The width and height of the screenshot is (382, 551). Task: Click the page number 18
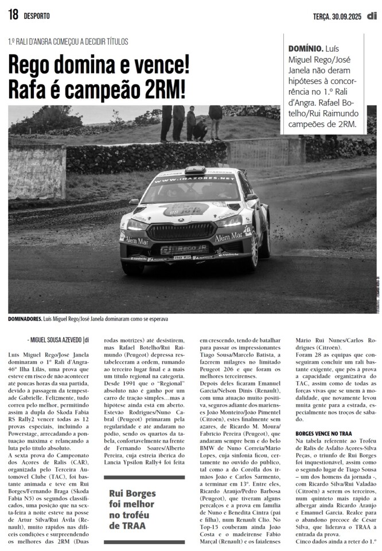click(13, 15)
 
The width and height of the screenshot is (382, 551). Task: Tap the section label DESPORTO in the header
click(37, 16)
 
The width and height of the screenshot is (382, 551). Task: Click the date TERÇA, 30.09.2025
click(338, 16)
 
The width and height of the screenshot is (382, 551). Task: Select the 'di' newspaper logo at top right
click(372, 15)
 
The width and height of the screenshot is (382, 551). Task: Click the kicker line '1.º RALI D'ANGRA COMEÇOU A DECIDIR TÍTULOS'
click(68, 42)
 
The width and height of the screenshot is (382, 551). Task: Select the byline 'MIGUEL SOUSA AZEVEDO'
click(57, 340)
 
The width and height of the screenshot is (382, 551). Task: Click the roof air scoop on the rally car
click(194, 169)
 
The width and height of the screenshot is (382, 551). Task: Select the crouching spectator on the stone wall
click(200, 130)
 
